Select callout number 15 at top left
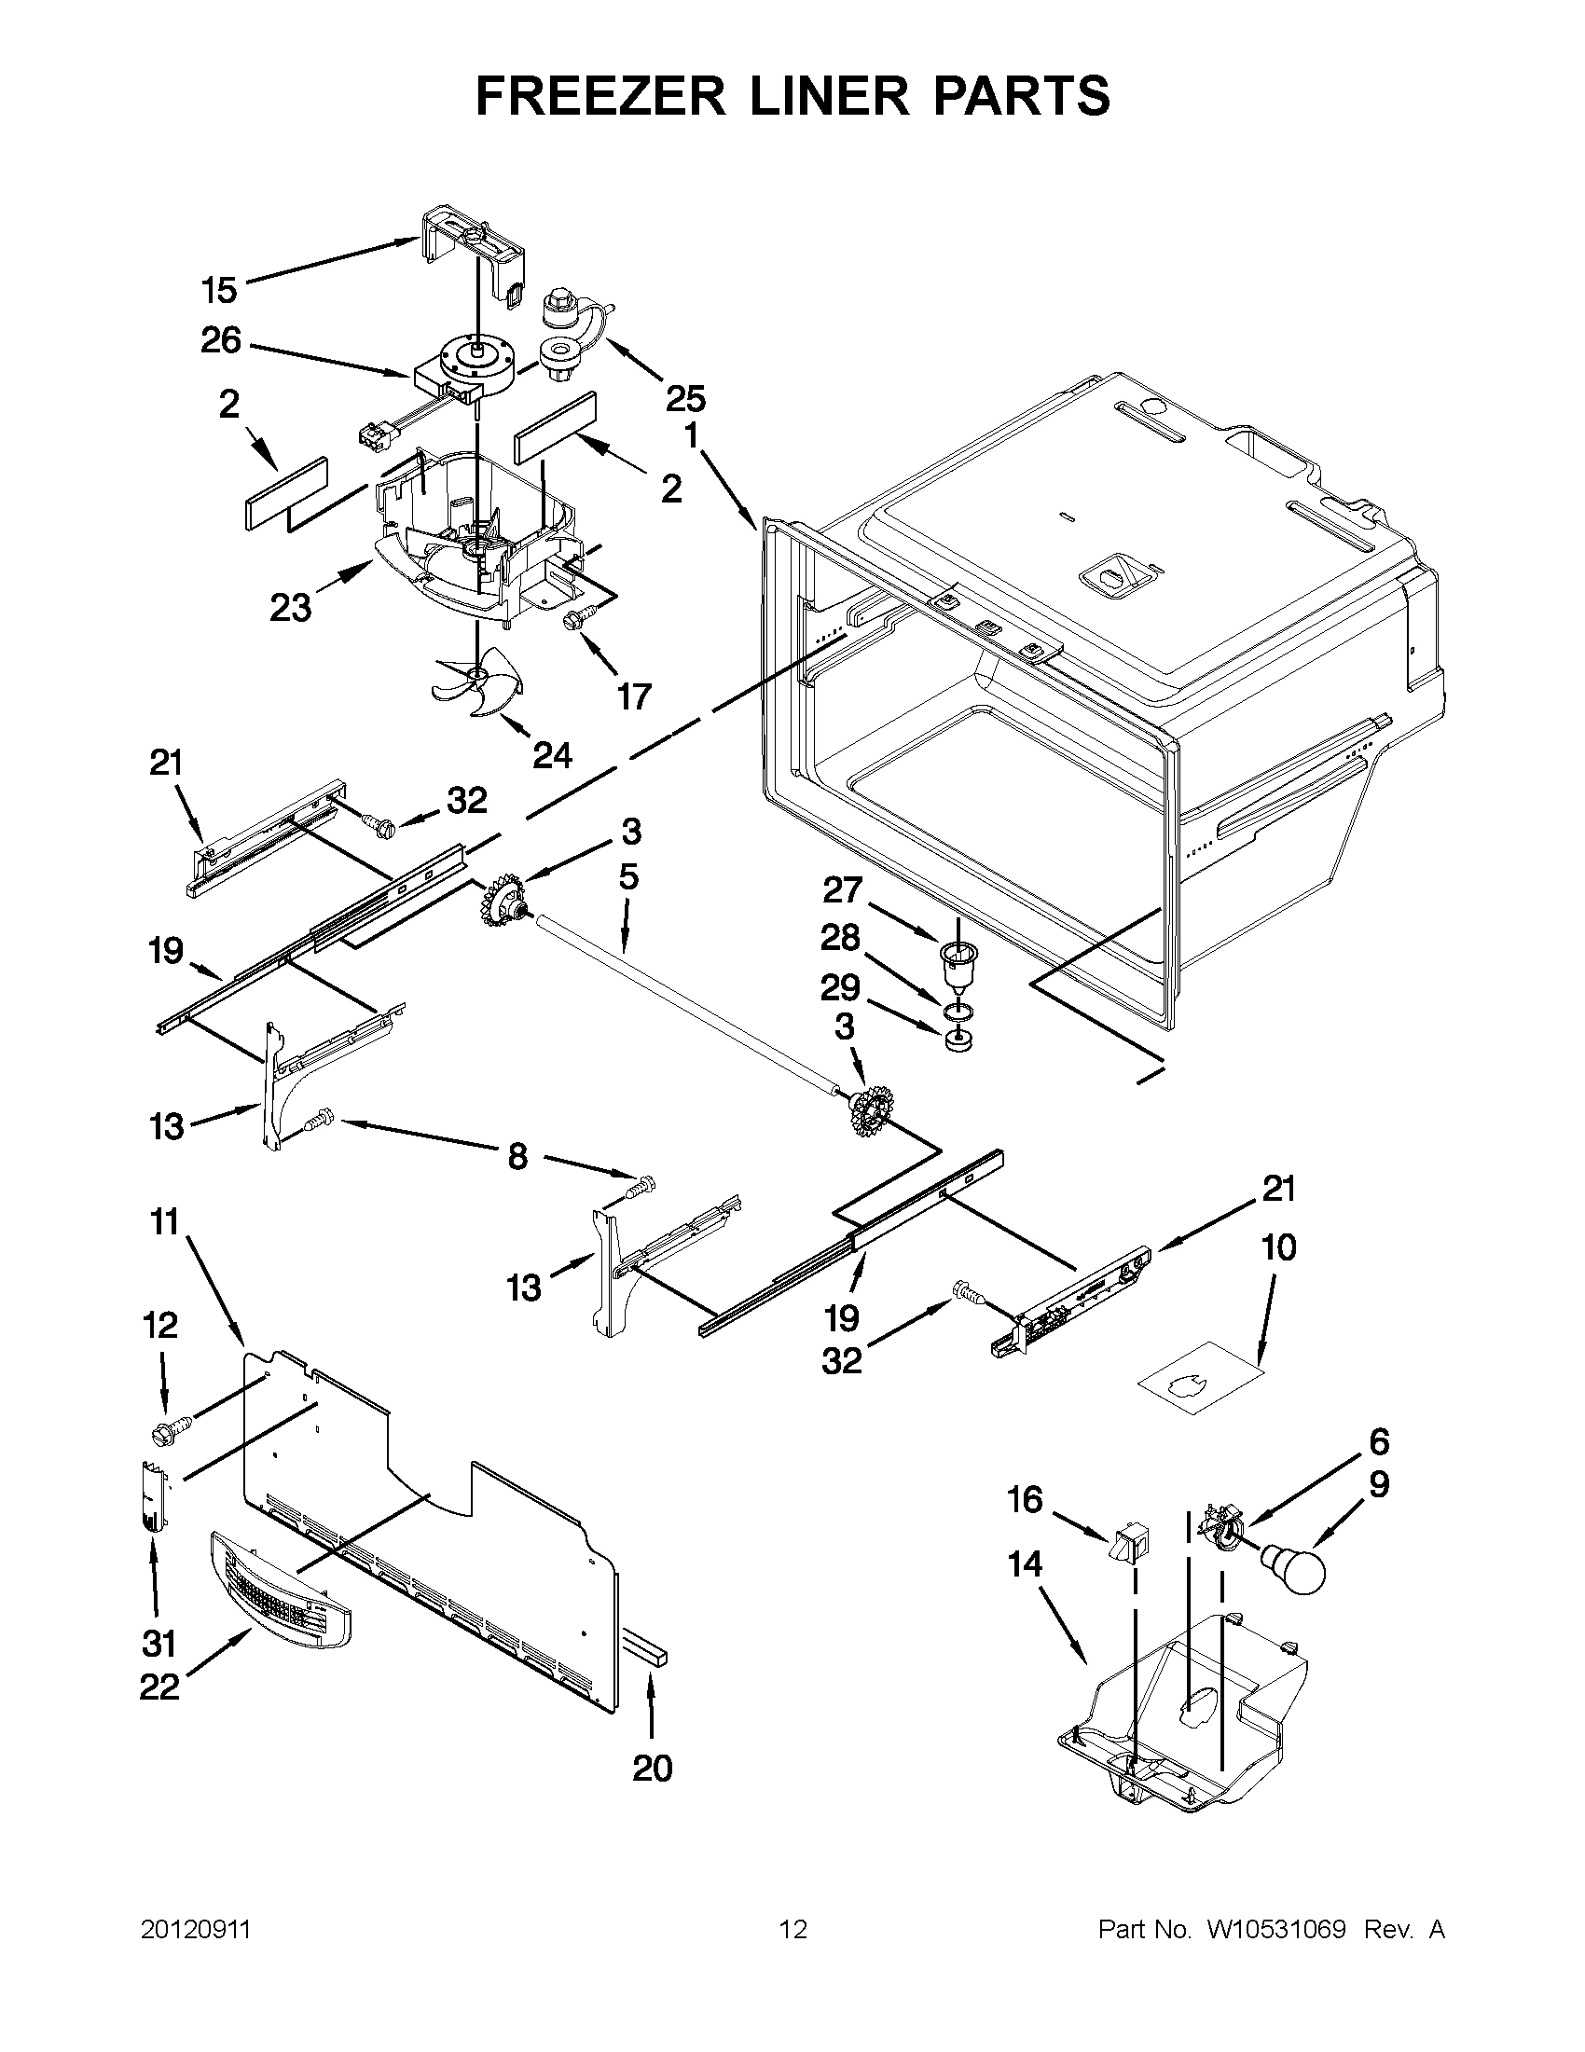pyautogui.click(x=219, y=290)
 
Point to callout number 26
pyautogui.click(x=221, y=340)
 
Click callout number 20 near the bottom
pyautogui.click(x=652, y=1769)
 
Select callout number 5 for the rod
pyautogui.click(x=628, y=876)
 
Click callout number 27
pyautogui.click(x=843, y=888)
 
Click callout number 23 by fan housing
pyautogui.click(x=290, y=608)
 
